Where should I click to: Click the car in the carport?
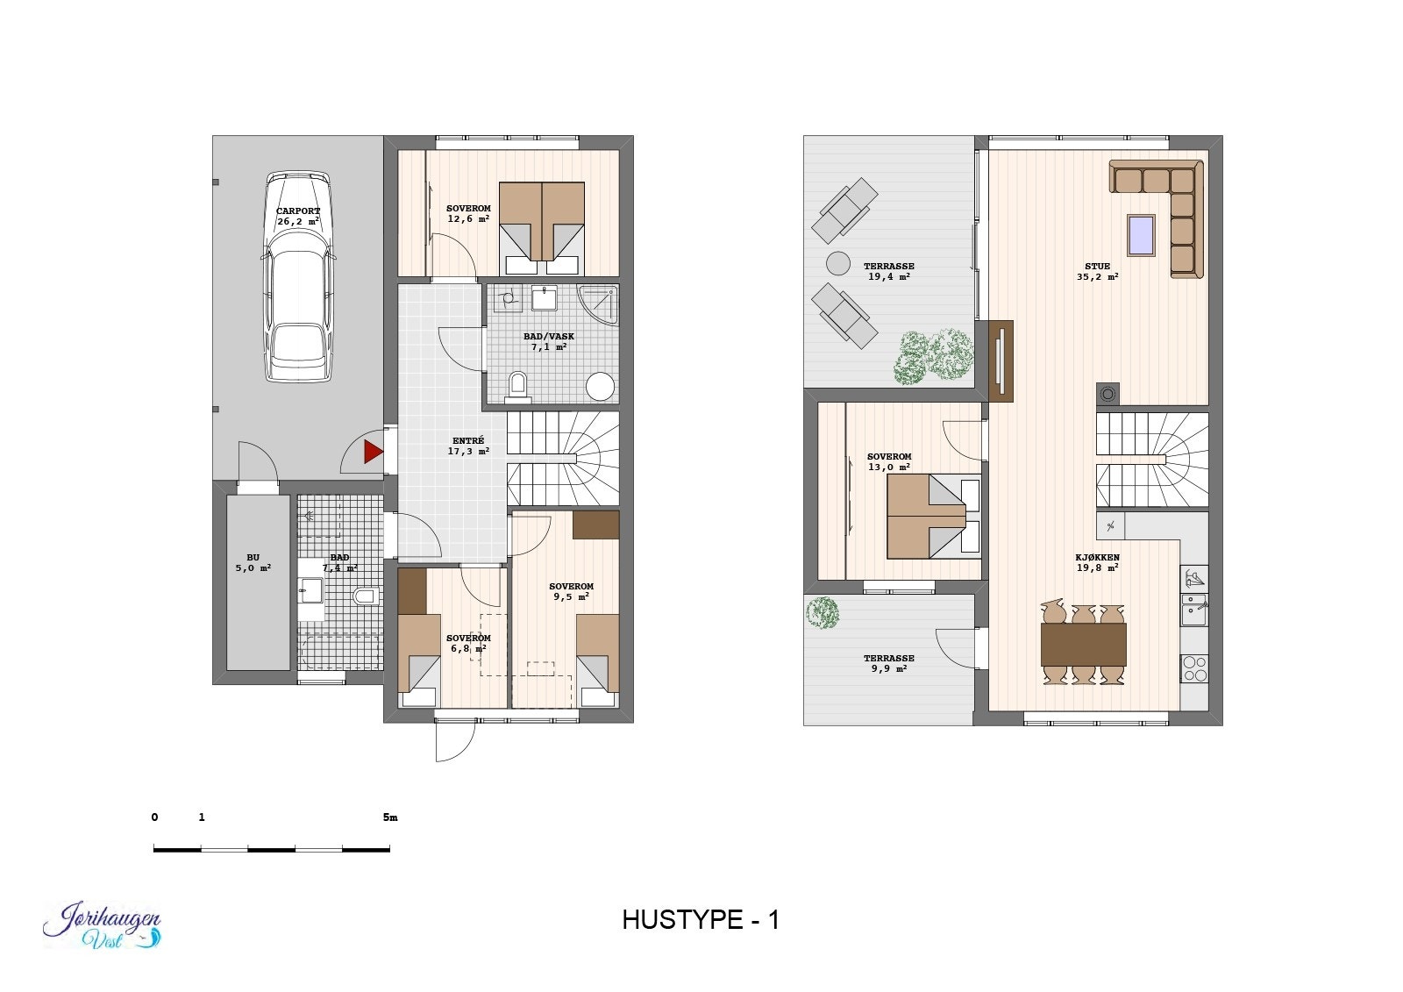coord(298,276)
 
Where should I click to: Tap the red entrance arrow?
coord(374,452)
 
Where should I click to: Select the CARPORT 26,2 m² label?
coord(298,216)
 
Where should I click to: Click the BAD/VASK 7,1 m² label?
coord(549,341)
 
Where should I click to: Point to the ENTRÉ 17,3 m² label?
coord(468,446)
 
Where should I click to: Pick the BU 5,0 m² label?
coord(253,562)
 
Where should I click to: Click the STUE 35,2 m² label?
coord(1097,271)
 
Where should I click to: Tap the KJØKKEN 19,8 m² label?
coord(1097,562)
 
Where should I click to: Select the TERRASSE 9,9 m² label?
coord(888,663)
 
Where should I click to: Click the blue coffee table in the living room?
coord(1141,234)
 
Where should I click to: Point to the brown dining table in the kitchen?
coord(1083,645)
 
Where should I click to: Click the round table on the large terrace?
coord(838,263)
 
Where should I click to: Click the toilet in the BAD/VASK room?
coord(518,385)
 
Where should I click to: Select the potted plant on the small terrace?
coord(823,612)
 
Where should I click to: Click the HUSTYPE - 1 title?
coord(701,919)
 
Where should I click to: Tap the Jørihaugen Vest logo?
coord(103,926)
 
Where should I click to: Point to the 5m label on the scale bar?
coord(390,817)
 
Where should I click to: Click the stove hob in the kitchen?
coord(1194,668)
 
